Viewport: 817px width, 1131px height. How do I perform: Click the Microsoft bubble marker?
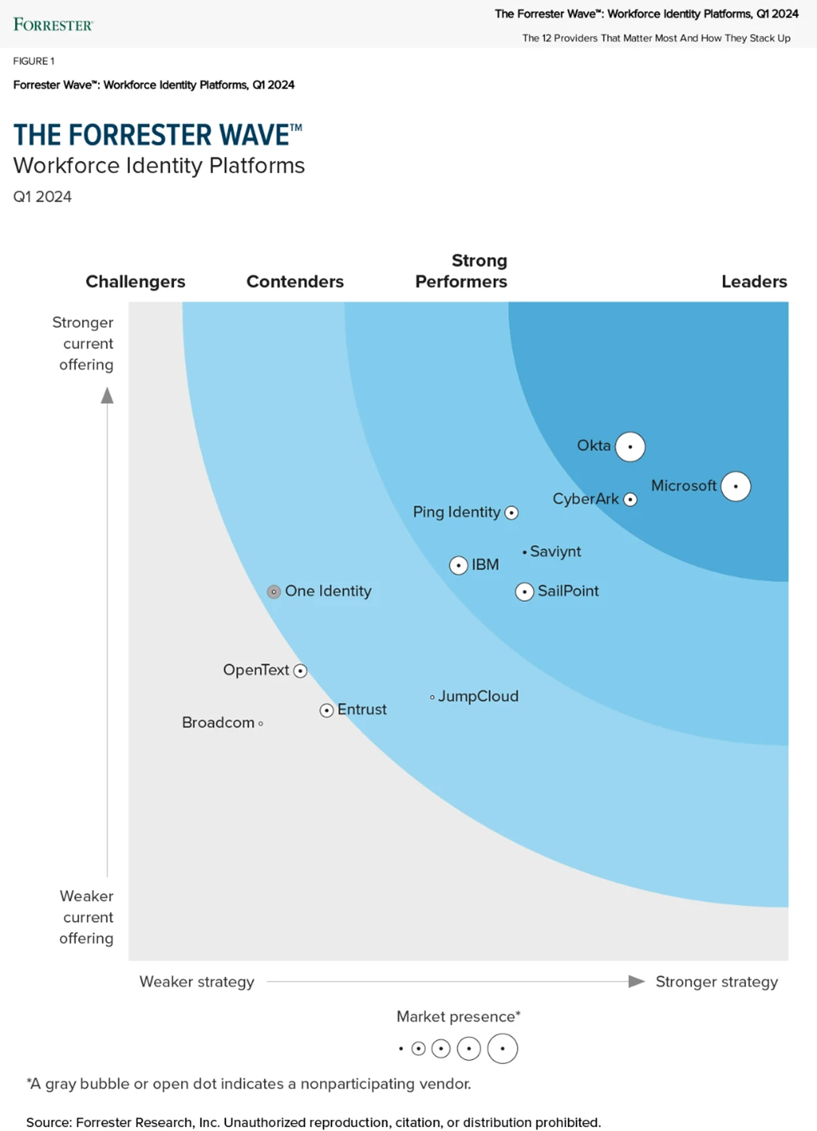[x=736, y=487]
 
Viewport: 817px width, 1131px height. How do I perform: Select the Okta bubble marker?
[x=630, y=447]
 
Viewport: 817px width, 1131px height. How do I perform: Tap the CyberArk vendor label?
[x=585, y=499]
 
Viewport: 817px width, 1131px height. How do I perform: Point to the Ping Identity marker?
[x=511, y=513]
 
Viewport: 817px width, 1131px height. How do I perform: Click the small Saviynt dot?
[x=525, y=552]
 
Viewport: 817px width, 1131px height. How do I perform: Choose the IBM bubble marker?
[x=458, y=565]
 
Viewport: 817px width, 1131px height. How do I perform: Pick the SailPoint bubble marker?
[x=525, y=592]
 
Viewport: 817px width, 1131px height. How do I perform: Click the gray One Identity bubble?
[x=274, y=592]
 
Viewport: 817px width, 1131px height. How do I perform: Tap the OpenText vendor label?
[x=256, y=670]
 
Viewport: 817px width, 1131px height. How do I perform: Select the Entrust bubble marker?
[x=326, y=711]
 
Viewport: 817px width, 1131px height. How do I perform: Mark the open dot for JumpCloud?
[x=432, y=697]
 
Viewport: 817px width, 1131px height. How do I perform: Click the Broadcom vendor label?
[x=218, y=723]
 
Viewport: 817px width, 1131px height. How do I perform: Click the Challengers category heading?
[x=135, y=282]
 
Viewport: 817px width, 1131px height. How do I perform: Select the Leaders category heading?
[x=754, y=282]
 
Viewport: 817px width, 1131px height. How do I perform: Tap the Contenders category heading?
[x=295, y=282]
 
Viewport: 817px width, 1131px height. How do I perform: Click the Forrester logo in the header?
[x=53, y=24]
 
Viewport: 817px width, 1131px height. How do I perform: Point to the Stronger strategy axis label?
[x=716, y=982]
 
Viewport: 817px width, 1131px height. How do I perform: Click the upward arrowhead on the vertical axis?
[x=107, y=396]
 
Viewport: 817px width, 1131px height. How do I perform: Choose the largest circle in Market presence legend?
[x=503, y=1049]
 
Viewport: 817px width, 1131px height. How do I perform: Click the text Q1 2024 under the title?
[x=43, y=197]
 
